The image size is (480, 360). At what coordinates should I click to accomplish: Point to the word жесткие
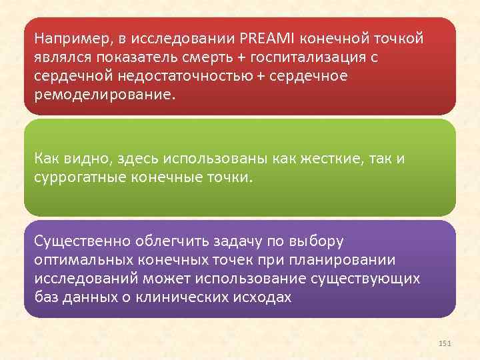[322, 158]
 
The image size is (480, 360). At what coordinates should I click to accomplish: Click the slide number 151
[445, 343]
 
